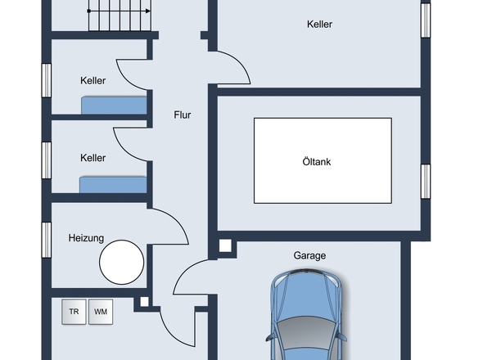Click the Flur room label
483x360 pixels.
(x=183, y=115)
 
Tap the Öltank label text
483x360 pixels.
(x=317, y=162)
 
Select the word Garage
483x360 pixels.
(x=309, y=255)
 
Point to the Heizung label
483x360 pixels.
(x=86, y=238)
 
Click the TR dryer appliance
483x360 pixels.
(x=74, y=312)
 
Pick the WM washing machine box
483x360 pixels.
(x=101, y=312)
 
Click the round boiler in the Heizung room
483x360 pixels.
(x=122, y=262)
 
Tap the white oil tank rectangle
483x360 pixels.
(x=323, y=160)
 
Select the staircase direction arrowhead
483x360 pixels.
(x=148, y=11)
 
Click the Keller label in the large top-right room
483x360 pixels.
(x=319, y=25)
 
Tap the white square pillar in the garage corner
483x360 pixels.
(x=225, y=246)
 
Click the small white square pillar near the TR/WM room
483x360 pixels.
(x=144, y=302)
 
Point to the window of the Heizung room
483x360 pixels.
(x=46, y=240)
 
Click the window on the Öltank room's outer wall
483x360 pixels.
(x=426, y=182)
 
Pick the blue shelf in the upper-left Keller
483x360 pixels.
(x=114, y=106)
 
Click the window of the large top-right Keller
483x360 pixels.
(x=426, y=20)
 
